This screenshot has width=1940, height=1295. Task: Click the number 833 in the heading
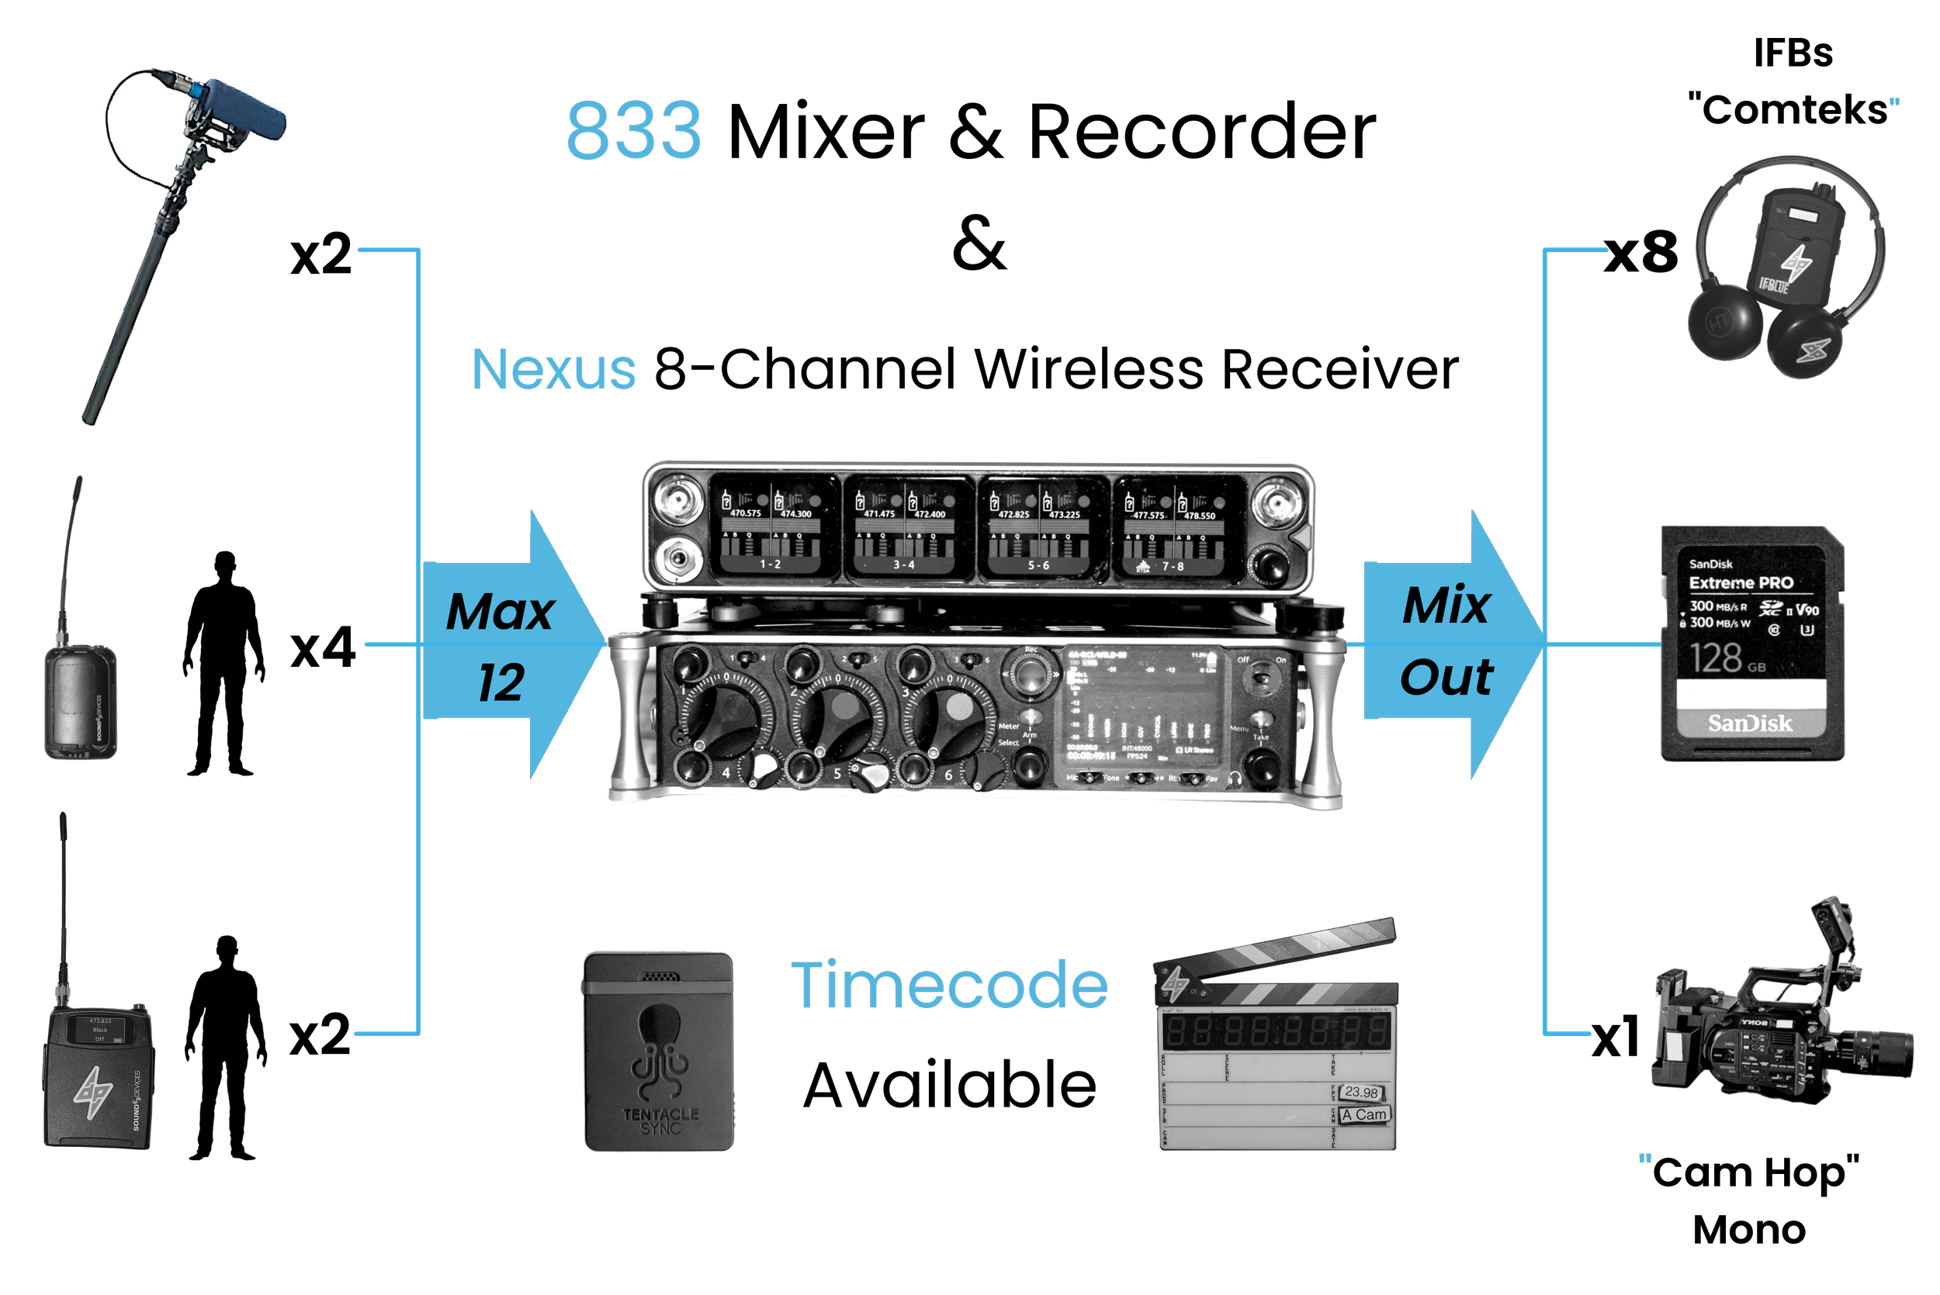pyautogui.click(x=634, y=130)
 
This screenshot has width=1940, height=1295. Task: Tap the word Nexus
pyautogui.click(x=553, y=369)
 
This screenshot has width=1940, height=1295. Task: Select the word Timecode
pyautogui.click(x=949, y=985)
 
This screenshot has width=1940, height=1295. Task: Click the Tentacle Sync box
pyautogui.click(x=659, y=1052)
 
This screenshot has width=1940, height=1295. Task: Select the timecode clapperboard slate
pyautogui.click(x=1277, y=1049)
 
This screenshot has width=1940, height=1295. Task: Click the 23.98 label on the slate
pyautogui.click(x=1361, y=1092)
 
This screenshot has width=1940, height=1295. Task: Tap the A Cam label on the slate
pyautogui.click(x=1364, y=1114)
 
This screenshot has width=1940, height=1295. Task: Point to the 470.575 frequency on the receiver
pyautogui.click(x=745, y=513)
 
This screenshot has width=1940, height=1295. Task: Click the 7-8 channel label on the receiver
pyautogui.click(x=1173, y=567)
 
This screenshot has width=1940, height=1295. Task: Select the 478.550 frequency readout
pyautogui.click(x=1200, y=516)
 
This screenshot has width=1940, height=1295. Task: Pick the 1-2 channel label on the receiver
pyautogui.click(x=770, y=564)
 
